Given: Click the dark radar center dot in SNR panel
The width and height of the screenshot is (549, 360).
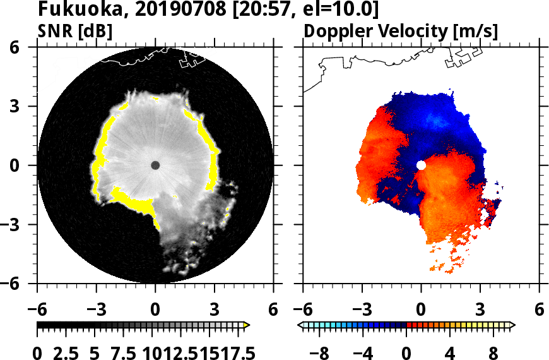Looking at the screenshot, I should tap(155, 165).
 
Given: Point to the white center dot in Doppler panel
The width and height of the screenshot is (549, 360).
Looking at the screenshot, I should tap(421, 165).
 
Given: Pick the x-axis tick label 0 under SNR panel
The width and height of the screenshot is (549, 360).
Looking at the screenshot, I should tap(155, 310).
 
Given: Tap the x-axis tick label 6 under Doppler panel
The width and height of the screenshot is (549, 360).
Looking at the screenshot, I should tap(539, 310).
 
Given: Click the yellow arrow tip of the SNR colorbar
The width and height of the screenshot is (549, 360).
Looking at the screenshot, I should tap(247, 325).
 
